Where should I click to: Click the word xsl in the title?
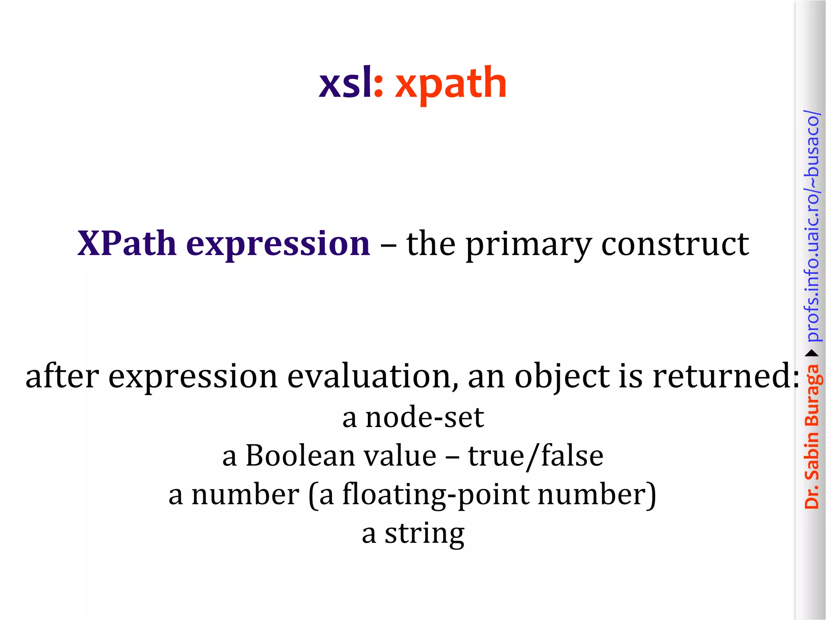[x=345, y=83]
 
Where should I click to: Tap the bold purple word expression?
[x=278, y=245]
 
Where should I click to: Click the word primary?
[x=529, y=245]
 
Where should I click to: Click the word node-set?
[x=424, y=417]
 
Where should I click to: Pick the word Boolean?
[x=300, y=456]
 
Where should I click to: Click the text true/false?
[x=535, y=456]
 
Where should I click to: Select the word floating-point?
[x=435, y=495]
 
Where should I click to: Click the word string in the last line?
[x=424, y=534]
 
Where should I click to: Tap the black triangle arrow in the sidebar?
[x=812, y=354]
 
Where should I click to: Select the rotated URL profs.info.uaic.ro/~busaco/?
[x=812, y=226]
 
